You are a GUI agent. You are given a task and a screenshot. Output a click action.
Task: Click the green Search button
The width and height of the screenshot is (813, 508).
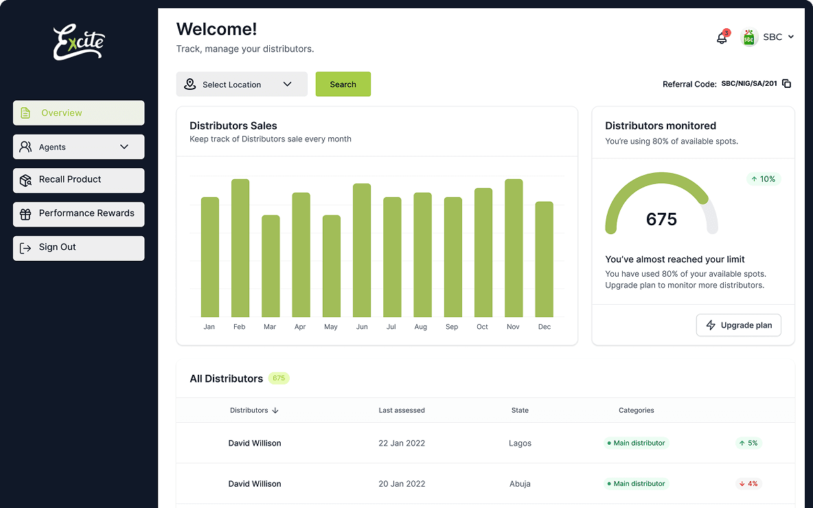tap(343, 84)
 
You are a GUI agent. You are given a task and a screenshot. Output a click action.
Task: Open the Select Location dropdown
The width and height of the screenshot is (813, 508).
tap(241, 84)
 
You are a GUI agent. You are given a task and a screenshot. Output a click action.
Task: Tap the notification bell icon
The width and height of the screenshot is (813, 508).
tap(722, 38)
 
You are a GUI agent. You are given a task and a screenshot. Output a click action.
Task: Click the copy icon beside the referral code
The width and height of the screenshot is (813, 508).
tap(787, 84)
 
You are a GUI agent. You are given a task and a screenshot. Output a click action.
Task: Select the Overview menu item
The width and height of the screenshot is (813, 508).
tap(78, 113)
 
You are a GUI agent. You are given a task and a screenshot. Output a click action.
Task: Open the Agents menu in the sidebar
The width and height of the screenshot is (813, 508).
tap(78, 147)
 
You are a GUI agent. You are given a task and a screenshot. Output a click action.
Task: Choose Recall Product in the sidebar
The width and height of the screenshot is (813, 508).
tap(78, 180)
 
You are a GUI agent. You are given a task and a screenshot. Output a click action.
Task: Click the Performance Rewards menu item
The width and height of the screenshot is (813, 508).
tap(78, 213)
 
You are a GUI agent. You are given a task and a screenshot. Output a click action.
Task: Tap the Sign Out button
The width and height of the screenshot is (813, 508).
tap(78, 248)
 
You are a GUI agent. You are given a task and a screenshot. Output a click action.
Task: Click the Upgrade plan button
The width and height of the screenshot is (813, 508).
tap(738, 325)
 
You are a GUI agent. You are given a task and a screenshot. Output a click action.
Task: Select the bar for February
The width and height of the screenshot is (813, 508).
tap(240, 248)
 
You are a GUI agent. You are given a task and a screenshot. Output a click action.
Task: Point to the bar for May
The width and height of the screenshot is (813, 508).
tap(332, 266)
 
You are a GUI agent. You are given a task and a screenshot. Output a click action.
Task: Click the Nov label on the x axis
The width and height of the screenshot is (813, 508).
tap(513, 327)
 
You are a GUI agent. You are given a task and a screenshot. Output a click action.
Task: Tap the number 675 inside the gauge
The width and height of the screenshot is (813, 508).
tap(661, 220)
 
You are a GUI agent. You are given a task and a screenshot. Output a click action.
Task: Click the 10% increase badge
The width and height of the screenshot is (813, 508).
tap(764, 179)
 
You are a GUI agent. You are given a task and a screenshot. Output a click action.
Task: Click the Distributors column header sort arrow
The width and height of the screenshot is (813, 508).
tap(275, 411)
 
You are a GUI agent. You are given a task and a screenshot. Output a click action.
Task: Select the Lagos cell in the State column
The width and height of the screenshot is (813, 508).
tap(520, 443)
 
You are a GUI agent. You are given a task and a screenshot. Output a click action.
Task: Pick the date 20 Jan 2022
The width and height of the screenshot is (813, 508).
tap(402, 484)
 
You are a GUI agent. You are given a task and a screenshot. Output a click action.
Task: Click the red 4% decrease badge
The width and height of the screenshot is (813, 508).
tap(748, 484)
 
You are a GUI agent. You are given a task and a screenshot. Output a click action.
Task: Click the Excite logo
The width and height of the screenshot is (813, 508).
tap(79, 43)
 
